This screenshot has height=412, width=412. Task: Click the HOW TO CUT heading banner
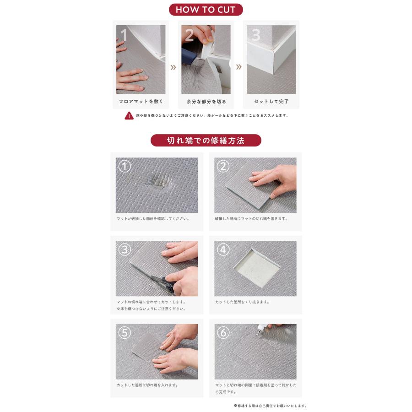pyautogui.click(x=206, y=10)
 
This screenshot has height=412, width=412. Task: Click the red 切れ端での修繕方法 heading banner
pyautogui.click(x=206, y=141)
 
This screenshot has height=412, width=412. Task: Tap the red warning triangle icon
pyautogui.click(x=129, y=116)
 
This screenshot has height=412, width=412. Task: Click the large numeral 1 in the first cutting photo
pyautogui.click(x=124, y=35)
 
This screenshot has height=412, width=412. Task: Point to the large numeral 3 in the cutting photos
pyautogui.click(x=256, y=35)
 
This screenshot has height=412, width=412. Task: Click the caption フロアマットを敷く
pyautogui.click(x=141, y=102)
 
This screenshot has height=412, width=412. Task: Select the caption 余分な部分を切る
pyautogui.click(x=206, y=102)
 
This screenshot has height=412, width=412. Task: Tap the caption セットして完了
pyautogui.click(x=271, y=102)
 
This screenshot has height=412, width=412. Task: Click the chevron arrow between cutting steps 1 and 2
pyautogui.click(x=173, y=68)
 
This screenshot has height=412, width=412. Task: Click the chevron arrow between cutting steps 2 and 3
pyautogui.click(x=239, y=67)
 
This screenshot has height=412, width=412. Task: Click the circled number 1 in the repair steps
pyautogui.click(x=125, y=166)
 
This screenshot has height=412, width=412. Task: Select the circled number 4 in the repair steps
pyautogui.click(x=223, y=249)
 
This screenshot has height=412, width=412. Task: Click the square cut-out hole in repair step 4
pyautogui.click(x=257, y=268)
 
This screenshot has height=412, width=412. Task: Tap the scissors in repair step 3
pyautogui.click(x=162, y=281)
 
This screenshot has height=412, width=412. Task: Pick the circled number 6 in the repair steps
pyautogui.click(x=223, y=333)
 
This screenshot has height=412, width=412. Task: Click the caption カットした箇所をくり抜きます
pyautogui.click(x=242, y=302)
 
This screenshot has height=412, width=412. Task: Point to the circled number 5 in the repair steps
pyautogui.click(x=125, y=333)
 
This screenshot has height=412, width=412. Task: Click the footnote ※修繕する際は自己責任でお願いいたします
pyautogui.click(x=270, y=406)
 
